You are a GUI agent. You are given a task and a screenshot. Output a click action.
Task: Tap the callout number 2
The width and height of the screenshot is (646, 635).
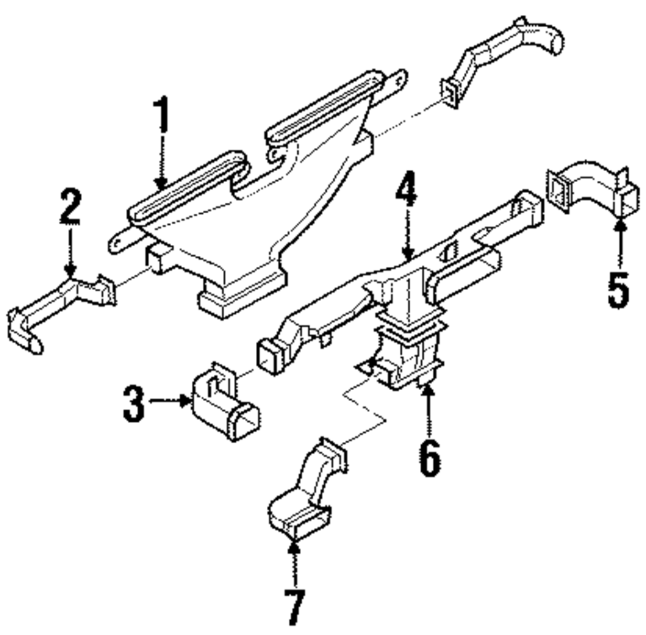pos(70,206)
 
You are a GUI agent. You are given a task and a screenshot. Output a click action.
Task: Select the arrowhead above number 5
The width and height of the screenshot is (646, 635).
pos(619,225)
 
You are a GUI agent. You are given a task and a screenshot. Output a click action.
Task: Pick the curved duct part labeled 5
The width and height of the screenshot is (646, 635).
pos(588,191)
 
